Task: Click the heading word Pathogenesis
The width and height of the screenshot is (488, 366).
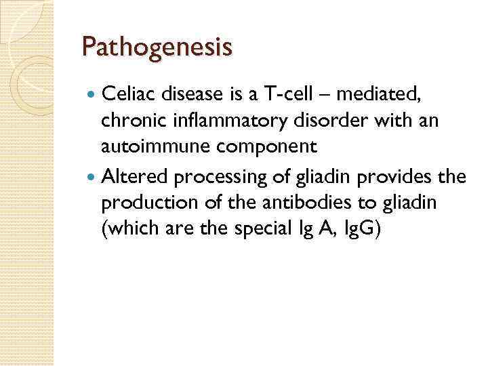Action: [157, 47]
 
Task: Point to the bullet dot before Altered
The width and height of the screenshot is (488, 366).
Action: [93, 178]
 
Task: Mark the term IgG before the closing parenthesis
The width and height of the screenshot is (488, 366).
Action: [360, 228]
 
